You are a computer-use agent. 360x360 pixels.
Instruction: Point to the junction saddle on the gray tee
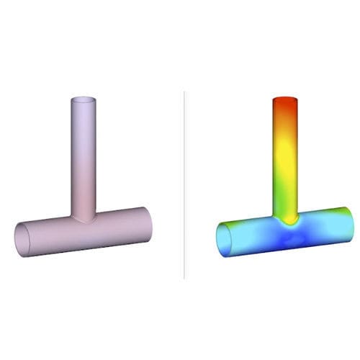pyautogui.click(x=84, y=217)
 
